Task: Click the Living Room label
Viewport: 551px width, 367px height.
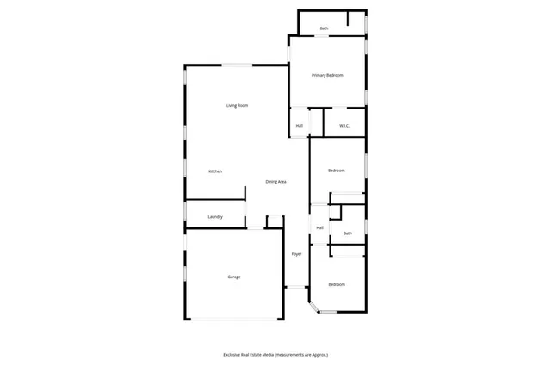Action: (x=238, y=106)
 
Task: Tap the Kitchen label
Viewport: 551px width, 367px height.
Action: (x=215, y=171)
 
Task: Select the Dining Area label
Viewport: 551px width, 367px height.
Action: (x=275, y=182)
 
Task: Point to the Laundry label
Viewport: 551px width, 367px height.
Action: (x=215, y=217)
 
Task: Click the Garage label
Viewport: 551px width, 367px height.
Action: (x=234, y=277)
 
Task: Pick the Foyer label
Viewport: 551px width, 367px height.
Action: (x=296, y=254)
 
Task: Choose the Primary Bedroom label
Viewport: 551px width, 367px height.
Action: (x=327, y=76)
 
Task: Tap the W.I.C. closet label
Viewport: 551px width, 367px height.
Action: (x=344, y=126)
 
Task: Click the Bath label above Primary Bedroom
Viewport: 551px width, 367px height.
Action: (x=324, y=28)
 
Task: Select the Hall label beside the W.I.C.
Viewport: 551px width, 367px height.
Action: (x=300, y=126)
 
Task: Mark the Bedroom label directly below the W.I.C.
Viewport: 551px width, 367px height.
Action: (x=337, y=171)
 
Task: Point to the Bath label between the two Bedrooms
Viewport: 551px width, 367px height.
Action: (x=348, y=233)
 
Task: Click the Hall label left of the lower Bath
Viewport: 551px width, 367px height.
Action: (x=319, y=227)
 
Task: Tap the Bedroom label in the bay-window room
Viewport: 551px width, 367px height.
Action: (x=336, y=284)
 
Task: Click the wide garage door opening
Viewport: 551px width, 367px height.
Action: (x=234, y=320)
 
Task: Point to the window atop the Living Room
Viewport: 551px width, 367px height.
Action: (x=238, y=65)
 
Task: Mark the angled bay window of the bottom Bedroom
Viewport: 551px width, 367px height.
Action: (x=313, y=306)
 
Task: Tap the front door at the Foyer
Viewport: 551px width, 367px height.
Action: (x=296, y=287)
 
